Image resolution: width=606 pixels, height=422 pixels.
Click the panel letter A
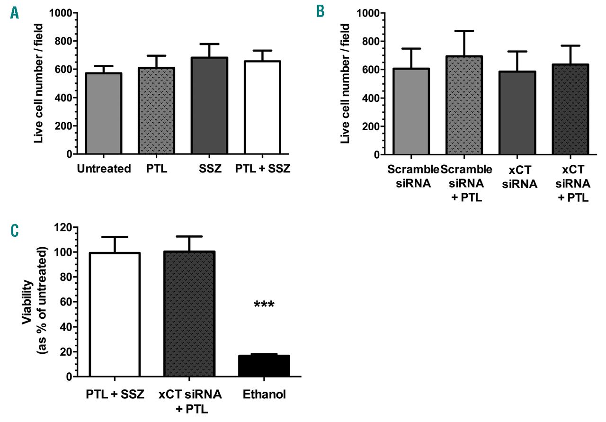click(x=15, y=12)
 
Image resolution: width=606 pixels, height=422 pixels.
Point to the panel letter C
click(x=15, y=231)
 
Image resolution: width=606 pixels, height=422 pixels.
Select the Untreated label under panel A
click(x=104, y=169)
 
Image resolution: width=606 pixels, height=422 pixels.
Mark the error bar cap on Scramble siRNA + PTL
click(x=464, y=31)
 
